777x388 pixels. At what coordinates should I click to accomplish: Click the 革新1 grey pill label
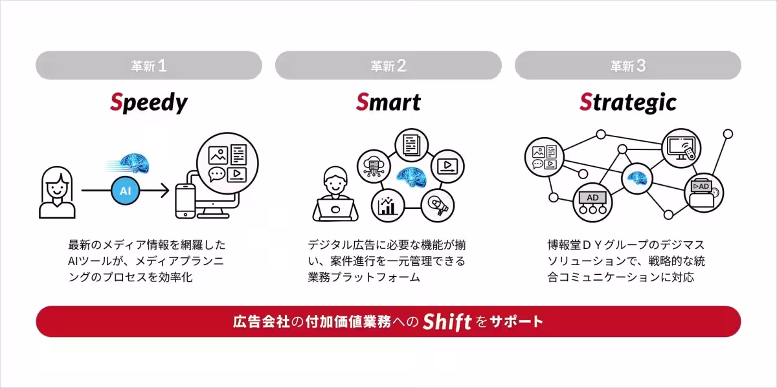click(149, 65)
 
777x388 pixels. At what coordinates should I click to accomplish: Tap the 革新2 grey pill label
click(388, 65)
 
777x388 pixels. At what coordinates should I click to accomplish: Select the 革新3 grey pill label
click(628, 65)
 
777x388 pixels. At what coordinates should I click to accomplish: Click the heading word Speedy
click(149, 102)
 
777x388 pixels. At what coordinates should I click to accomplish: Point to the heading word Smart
click(388, 102)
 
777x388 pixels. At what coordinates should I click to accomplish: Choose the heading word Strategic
click(628, 102)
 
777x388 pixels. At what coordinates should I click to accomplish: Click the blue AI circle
click(126, 190)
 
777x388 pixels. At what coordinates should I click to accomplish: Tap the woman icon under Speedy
click(57, 192)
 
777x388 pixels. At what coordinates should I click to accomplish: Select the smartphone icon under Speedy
click(186, 200)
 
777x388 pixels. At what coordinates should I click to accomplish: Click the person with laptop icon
click(335, 194)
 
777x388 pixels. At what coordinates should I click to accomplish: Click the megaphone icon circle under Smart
click(438, 205)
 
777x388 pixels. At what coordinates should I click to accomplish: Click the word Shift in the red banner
click(447, 321)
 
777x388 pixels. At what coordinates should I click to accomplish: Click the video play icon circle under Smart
click(447, 166)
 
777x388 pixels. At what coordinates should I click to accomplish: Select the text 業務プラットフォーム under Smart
click(364, 277)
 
